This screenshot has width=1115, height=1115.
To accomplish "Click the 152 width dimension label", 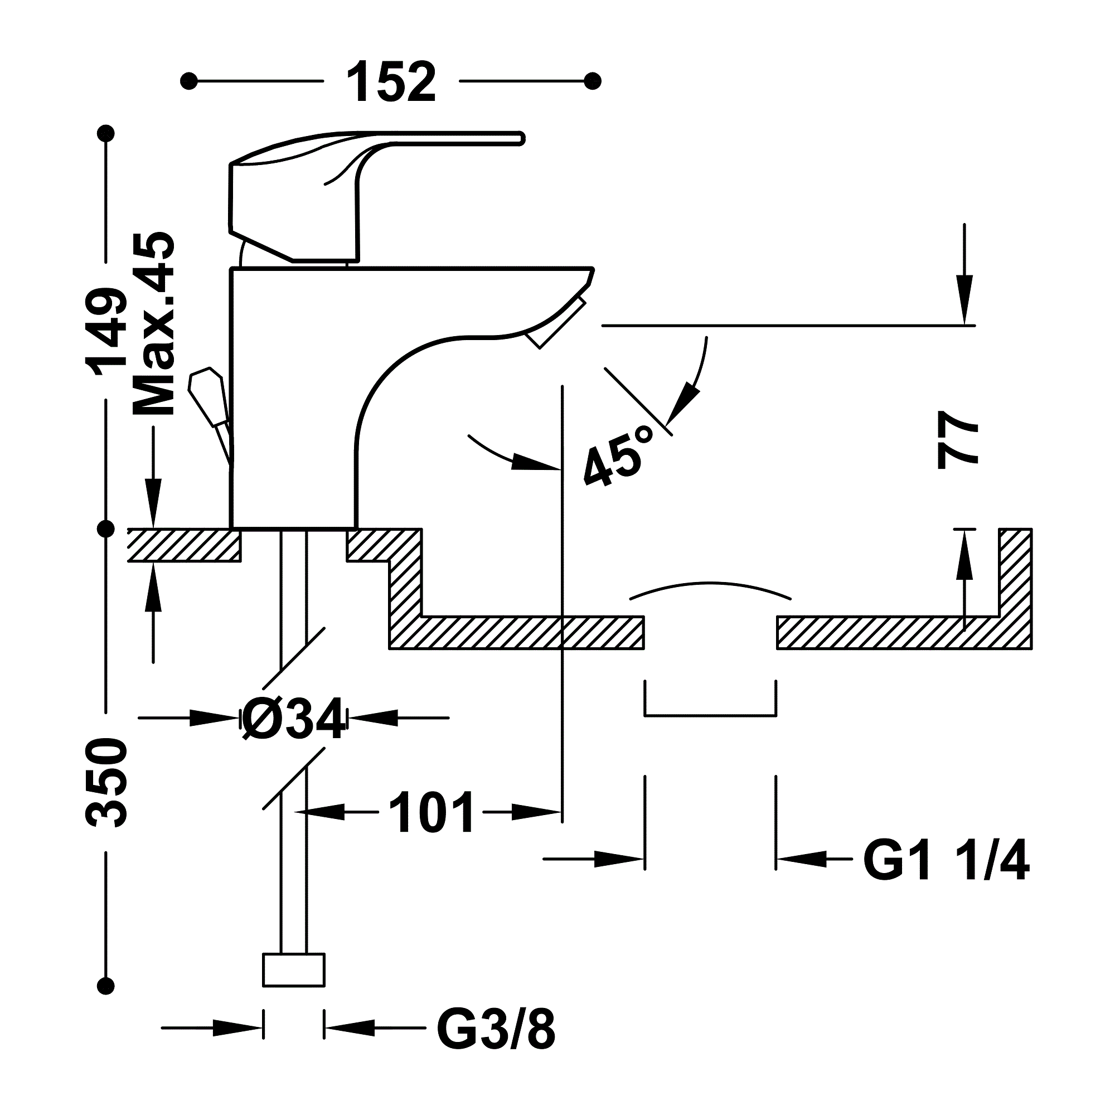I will pos(392,83).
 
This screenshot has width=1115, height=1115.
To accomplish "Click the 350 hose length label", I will pos(106,783).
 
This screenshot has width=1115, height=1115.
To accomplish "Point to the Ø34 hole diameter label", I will pos(293,719).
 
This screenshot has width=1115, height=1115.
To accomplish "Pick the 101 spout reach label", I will pos(431,813).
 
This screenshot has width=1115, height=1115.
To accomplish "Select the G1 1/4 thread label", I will pos(946,862).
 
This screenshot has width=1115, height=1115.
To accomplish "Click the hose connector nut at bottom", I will pos(293,970).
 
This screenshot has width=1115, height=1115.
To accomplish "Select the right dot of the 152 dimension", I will pos(593,81).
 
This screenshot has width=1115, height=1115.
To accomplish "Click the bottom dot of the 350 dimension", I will pos(106,985).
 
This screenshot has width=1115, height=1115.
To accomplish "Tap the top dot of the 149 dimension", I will pos(106,134).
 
